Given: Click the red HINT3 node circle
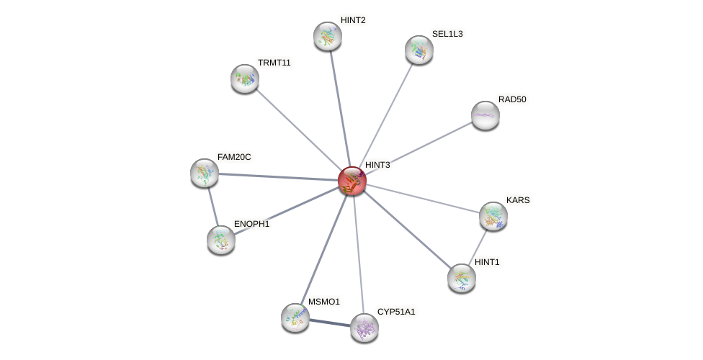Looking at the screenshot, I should coord(352,180).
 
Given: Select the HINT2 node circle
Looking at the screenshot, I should coord(328,36).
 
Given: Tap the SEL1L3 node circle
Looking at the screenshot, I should coord(419,50).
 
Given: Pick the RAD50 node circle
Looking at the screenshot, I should coord(485,115).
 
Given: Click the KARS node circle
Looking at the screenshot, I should coord(493,215).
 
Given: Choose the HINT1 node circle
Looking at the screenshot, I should coord(462,278).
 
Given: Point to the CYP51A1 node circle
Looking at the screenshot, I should coord(364,328).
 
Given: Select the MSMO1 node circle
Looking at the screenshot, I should coord(295,317).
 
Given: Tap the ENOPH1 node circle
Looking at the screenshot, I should coord(221,240).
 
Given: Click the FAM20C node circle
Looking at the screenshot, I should coord(205,173).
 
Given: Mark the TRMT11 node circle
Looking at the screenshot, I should coord(245,78).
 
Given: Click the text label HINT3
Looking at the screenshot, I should coord(377,166).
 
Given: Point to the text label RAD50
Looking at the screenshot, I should coord(512,99).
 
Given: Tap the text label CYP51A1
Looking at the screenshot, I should coord(396,312).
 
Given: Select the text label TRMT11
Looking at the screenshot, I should coord(274,63).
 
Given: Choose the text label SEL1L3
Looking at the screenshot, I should coord(447,34).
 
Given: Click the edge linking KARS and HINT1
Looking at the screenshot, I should coord(478,246).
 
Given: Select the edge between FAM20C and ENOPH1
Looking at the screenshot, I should coord(212,206).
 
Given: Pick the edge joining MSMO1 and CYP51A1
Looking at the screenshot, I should coord(330,323).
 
